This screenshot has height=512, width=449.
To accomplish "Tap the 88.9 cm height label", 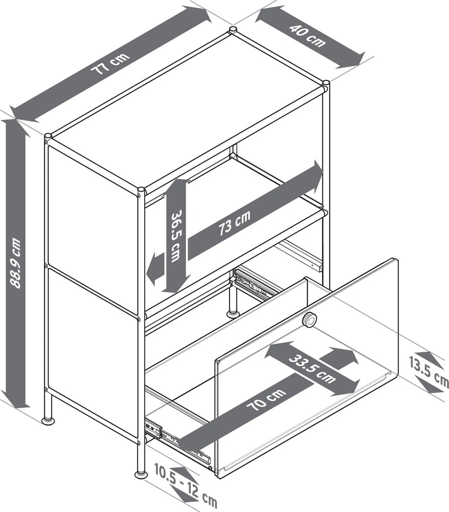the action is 16,263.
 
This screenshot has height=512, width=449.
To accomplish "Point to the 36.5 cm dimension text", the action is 176,236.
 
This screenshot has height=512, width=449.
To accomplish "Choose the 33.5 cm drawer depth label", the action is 312,368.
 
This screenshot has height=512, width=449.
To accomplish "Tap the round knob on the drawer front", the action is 309,320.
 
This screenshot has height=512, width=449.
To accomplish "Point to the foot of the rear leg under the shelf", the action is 233,314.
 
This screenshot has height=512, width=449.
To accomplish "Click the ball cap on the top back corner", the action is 233,30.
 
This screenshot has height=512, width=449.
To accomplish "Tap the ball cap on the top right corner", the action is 326,83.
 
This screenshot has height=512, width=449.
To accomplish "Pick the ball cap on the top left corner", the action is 48,136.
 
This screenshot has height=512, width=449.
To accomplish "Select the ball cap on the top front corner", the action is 141,190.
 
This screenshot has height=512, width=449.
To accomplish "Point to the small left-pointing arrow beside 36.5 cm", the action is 155,268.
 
